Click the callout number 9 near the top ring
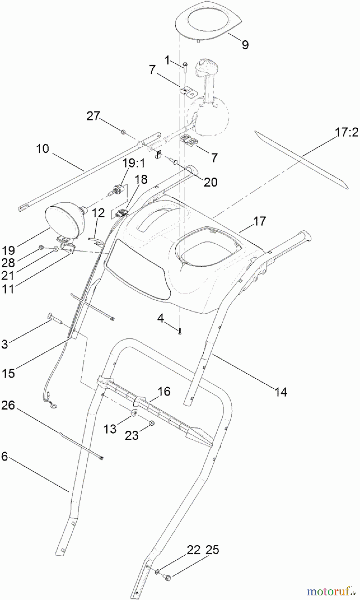pyautogui.click(x=245, y=45)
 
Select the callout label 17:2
pyautogui.click(x=347, y=132)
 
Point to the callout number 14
pyautogui.click(x=281, y=392)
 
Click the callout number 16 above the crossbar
pyautogui.click(x=164, y=391)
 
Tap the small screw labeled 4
pyautogui.click(x=180, y=331)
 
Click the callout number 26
pyautogui.click(x=8, y=405)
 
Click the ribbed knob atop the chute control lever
pyautogui.click(x=206, y=66)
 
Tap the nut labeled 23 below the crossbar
pyautogui.click(x=151, y=423)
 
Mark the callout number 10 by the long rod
pyautogui.click(x=42, y=149)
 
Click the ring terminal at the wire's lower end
pyautogui.click(x=53, y=405)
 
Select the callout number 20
pyautogui.click(x=210, y=182)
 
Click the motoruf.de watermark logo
pyautogui.click(x=331, y=591)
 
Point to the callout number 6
pyautogui.click(x=4, y=456)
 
